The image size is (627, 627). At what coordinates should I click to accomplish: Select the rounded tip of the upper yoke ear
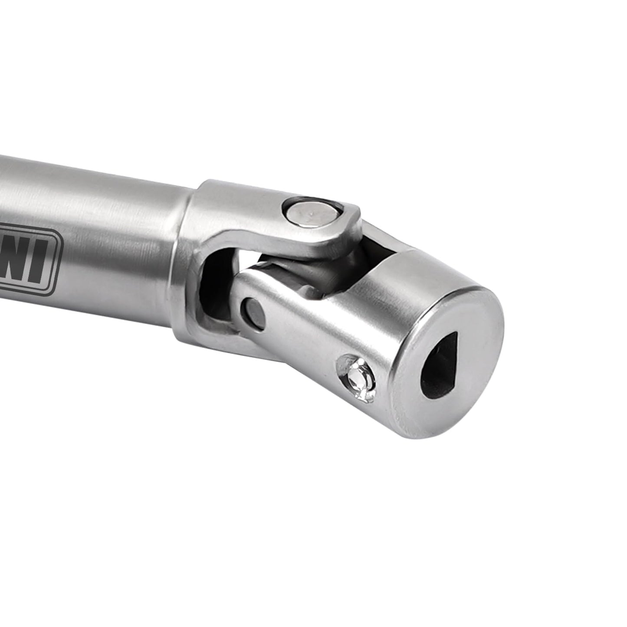pos(354,217)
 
